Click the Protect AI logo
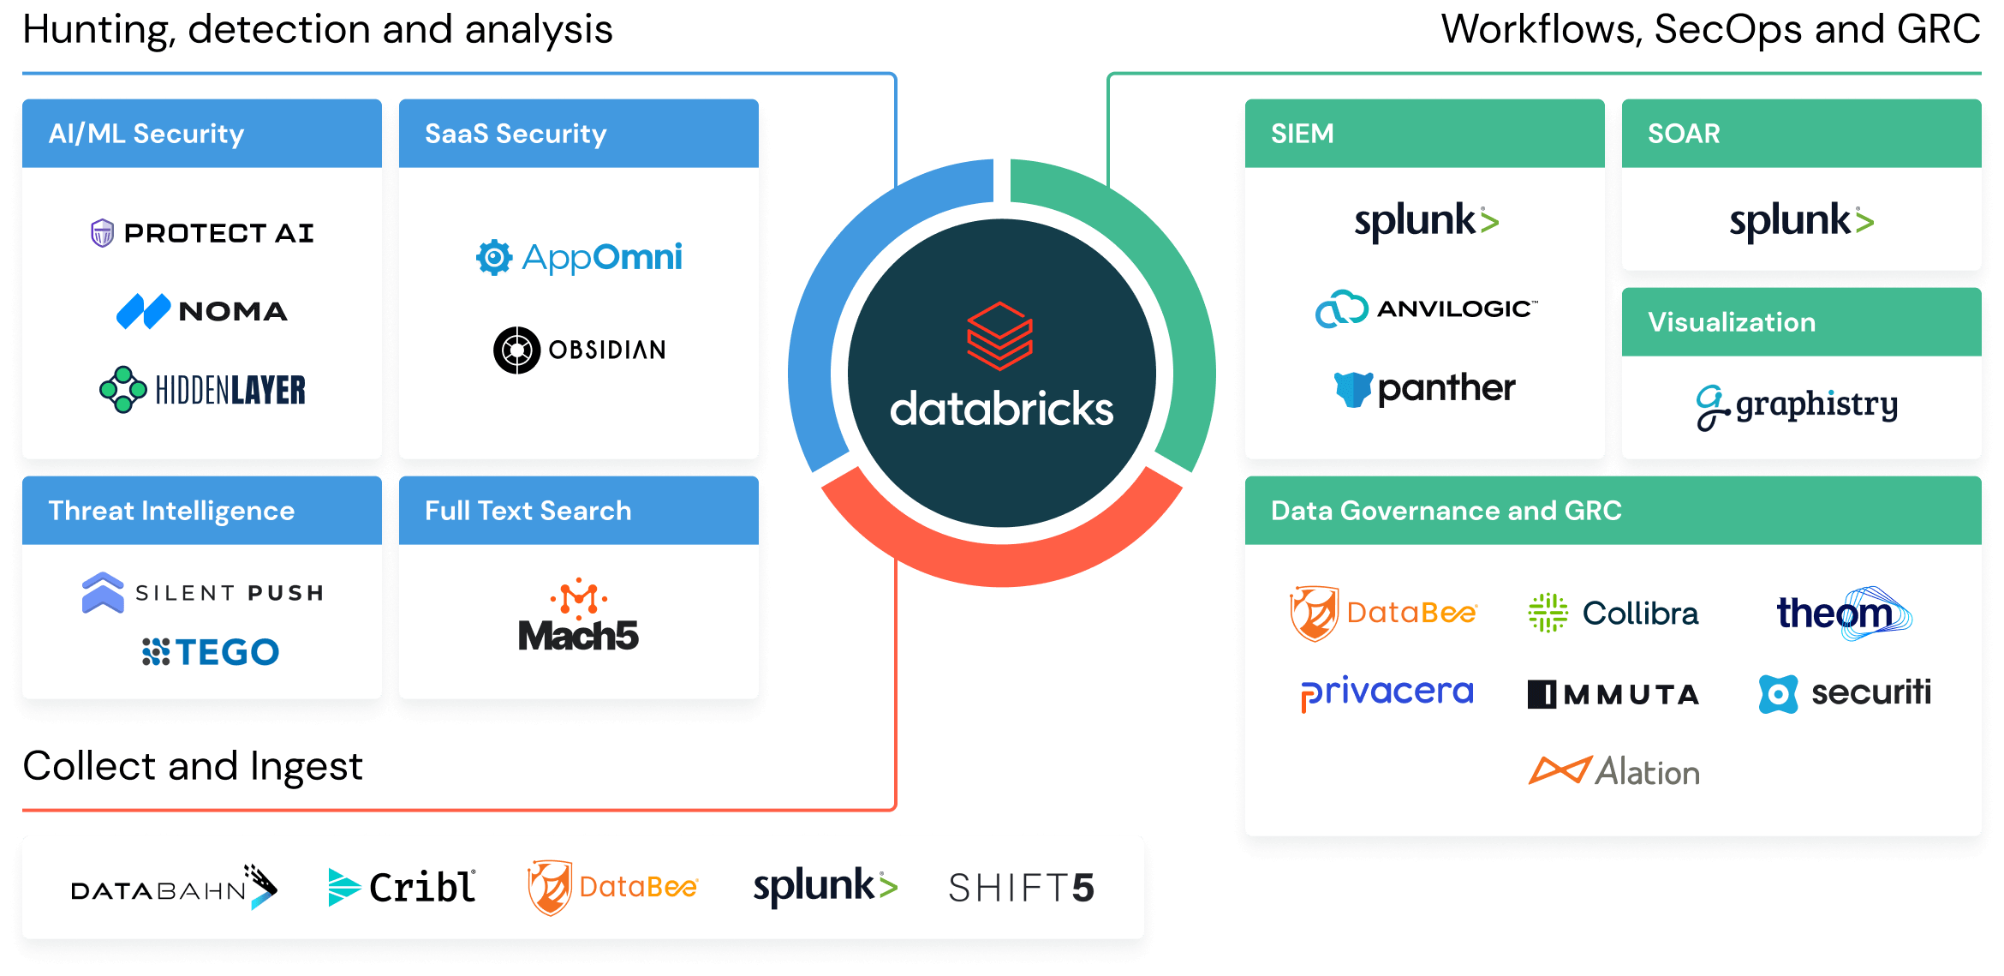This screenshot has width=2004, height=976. (202, 232)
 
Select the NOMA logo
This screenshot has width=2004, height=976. (202, 311)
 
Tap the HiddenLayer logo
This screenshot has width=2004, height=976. (202, 390)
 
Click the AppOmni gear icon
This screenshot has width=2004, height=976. (494, 257)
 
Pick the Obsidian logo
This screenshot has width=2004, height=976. (579, 350)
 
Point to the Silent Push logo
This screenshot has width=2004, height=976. (202, 592)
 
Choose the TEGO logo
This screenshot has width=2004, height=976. (211, 652)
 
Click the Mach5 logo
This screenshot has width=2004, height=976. (579, 617)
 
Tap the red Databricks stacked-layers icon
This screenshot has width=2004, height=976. (1000, 335)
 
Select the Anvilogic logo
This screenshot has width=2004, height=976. (1426, 309)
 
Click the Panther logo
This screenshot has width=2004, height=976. (1425, 388)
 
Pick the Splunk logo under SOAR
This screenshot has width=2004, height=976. (1801, 221)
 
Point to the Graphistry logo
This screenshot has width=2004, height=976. (1797, 405)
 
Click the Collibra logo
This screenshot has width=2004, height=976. (1613, 613)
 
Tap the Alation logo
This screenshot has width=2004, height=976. (1613, 771)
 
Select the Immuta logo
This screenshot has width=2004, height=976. (1613, 693)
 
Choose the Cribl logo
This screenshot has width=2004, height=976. (402, 887)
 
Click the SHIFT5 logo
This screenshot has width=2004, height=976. (1021, 888)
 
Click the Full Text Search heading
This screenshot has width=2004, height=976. (528, 511)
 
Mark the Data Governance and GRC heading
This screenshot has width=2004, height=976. (1446, 511)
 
